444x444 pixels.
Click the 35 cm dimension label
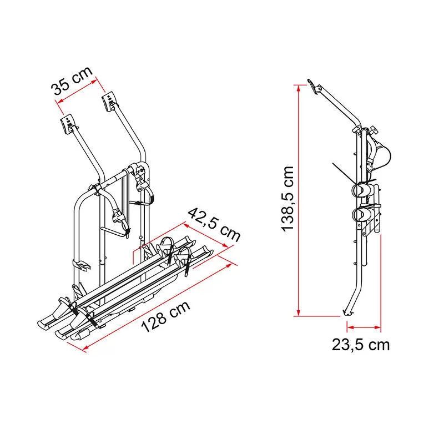pyautogui.click(x=72, y=80)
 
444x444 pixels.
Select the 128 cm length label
pyautogui.click(x=165, y=317)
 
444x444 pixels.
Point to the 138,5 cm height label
pyautogui.click(x=287, y=199)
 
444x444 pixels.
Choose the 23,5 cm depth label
pyautogui.click(x=361, y=345)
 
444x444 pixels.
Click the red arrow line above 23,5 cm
pyautogui.click(x=364, y=327)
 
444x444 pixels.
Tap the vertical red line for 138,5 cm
pyautogui.click(x=299, y=200)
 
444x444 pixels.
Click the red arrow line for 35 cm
pyautogui.click(x=77, y=90)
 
